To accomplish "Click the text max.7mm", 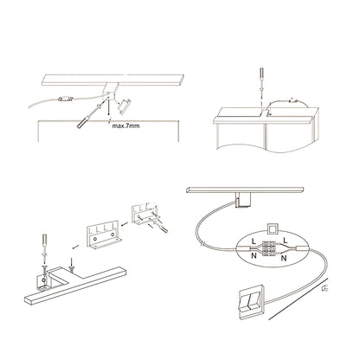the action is [x=125, y=126].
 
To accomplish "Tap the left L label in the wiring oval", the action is [x=254, y=241].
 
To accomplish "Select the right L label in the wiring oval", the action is [x=286, y=240].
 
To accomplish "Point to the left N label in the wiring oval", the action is [x=254, y=255].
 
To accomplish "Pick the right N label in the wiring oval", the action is [x=284, y=258].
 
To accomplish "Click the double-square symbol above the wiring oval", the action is [x=272, y=230].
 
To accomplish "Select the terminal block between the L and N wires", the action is [x=268, y=248].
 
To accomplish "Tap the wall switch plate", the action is [x=251, y=301].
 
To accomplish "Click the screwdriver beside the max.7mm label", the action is [x=89, y=116].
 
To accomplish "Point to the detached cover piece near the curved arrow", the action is [x=125, y=105].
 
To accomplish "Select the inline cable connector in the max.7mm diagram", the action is [x=66, y=99].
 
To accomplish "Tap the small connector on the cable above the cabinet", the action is [x=293, y=101].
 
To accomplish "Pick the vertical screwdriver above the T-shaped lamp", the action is [x=45, y=244].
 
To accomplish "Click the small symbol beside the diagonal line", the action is [x=326, y=287].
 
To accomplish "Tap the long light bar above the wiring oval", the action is [x=245, y=190].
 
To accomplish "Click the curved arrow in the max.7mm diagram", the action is [x=117, y=99].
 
